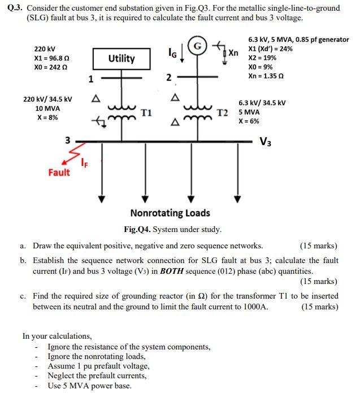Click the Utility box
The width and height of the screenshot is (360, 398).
[122, 58]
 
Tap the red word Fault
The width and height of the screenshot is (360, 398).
[59, 172]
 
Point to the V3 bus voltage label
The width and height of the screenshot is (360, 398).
[265, 141]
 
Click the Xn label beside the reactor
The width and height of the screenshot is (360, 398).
[233, 53]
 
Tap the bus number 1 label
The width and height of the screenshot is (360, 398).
[91, 79]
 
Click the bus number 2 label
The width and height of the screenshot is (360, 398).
[168, 78]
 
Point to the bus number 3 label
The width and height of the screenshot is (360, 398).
[67, 140]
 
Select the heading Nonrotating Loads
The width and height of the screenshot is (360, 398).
[170, 213]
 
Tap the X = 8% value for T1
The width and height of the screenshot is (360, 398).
[47, 117]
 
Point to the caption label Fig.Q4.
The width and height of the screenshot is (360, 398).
[137, 229]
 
